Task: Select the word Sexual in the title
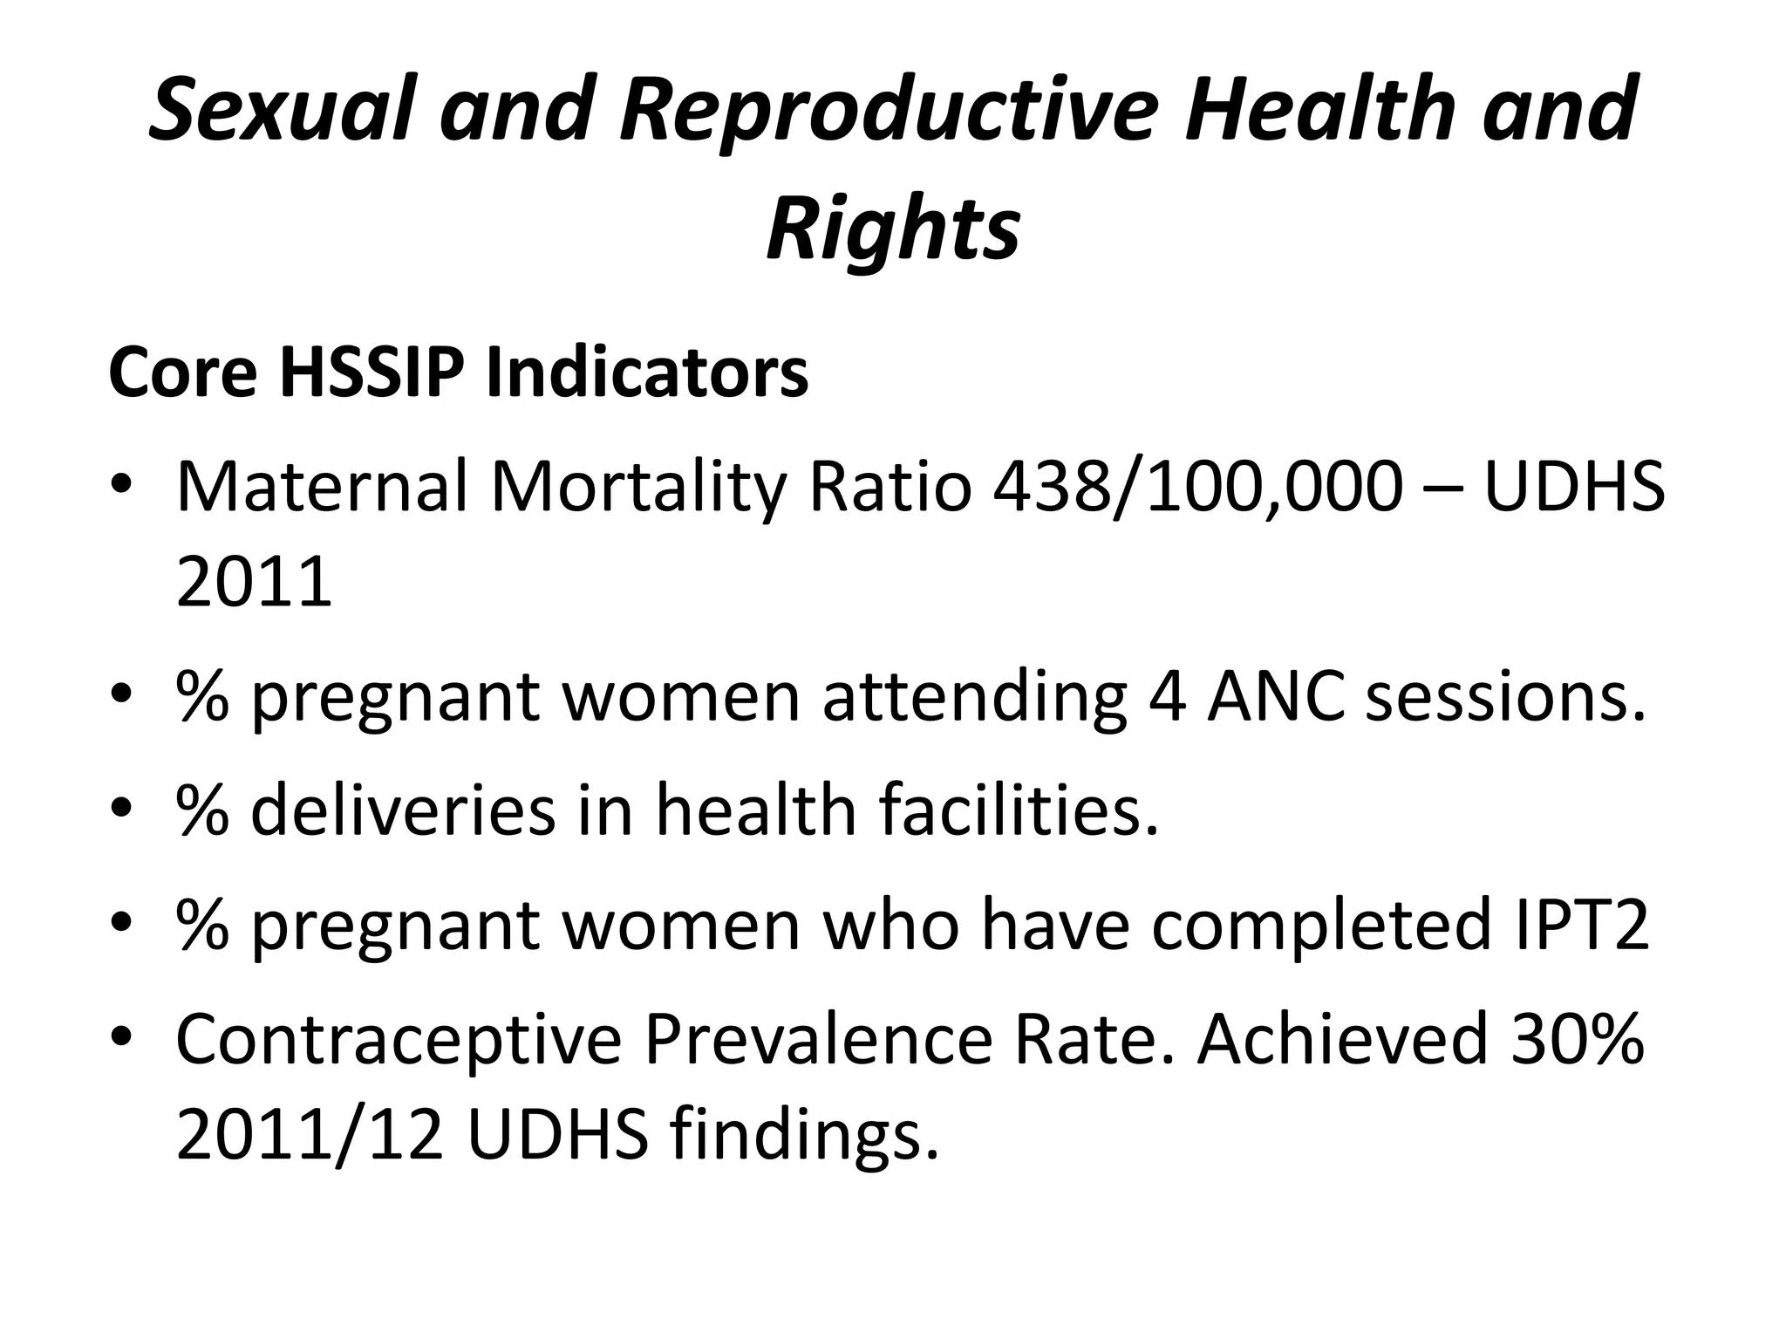(279, 108)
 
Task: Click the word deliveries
(402, 810)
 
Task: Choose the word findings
(804, 1138)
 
